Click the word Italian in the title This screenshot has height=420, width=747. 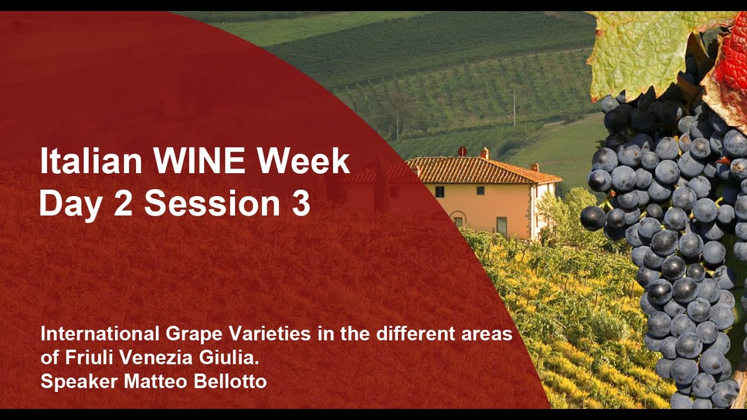[91, 162]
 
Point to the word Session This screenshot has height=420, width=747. [212, 203]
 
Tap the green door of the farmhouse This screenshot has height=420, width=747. [502, 227]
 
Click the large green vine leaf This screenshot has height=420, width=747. [647, 53]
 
